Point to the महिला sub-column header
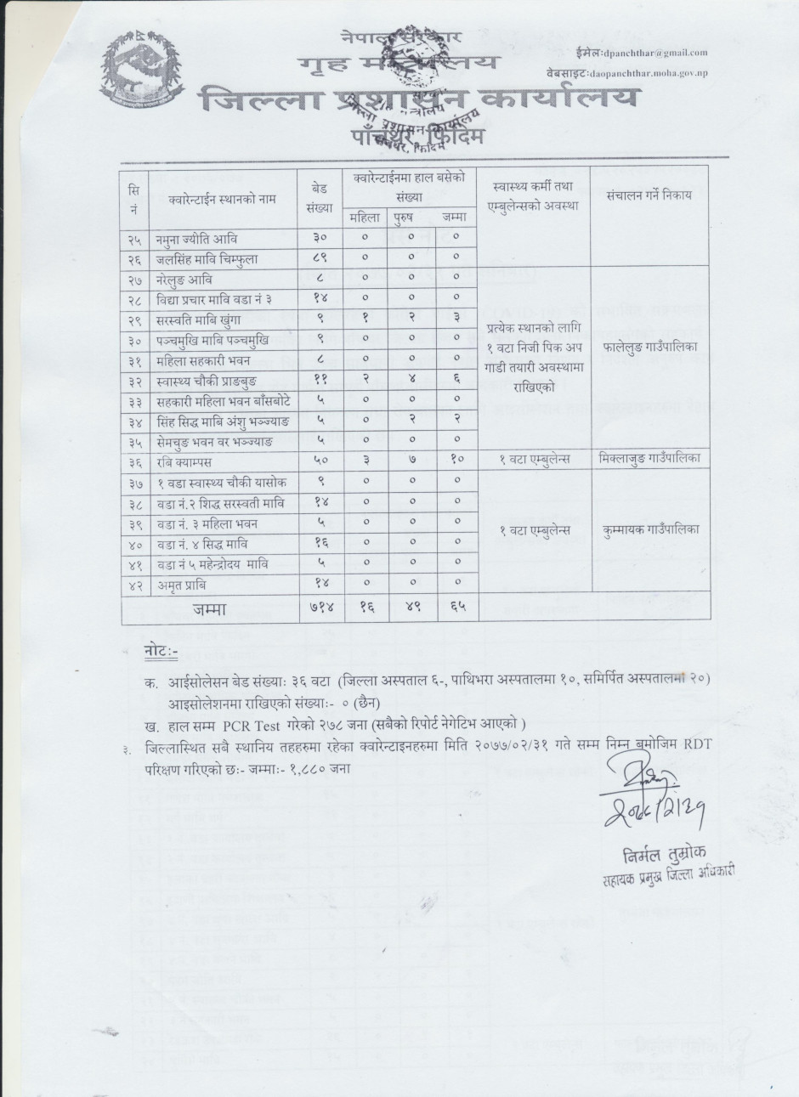tap(366, 218)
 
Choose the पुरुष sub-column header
tap(411, 218)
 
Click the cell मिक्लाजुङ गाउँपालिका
tap(649, 459)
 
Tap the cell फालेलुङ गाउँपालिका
tap(649, 348)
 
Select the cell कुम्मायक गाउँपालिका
tap(649, 529)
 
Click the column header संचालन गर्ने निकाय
tap(649, 195)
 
